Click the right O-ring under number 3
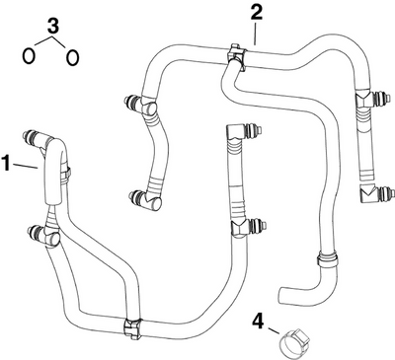72,58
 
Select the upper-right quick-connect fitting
366,99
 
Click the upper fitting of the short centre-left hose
135,103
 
